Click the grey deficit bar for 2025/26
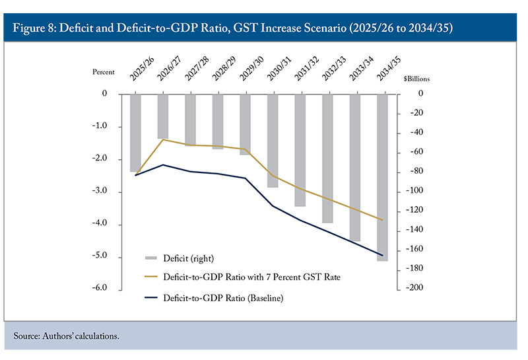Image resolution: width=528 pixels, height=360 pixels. [x=135, y=132]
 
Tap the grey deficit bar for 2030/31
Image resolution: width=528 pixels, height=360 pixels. [x=273, y=140]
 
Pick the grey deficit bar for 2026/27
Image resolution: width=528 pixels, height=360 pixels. [x=163, y=116]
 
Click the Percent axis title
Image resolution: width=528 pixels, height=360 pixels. [x=103, y=71]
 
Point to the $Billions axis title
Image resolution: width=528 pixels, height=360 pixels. [x=416, y=78]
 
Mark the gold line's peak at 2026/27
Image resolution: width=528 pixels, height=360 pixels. [x=163, y=139]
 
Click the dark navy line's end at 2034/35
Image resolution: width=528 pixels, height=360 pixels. [x=382, y=255]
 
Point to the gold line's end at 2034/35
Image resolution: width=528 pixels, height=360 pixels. [x=382, y=220]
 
